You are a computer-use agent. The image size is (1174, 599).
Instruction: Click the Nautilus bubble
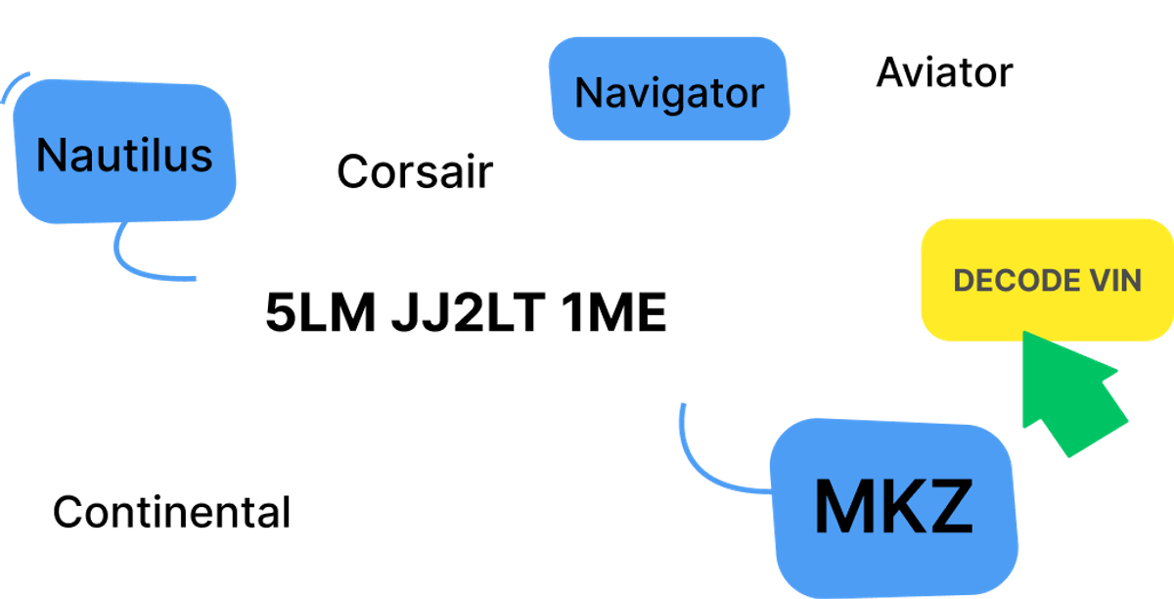tap(125, 154)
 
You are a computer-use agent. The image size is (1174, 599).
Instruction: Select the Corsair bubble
tap(414, 169)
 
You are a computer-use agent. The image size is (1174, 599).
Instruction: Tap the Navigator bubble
tap(669, 92)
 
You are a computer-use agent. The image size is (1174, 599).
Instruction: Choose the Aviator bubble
tap(943, 71)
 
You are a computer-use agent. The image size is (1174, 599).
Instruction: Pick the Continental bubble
tap(171, 511)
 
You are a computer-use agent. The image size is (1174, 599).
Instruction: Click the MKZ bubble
tap(892, 506)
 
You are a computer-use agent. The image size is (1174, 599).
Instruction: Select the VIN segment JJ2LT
tap(463, 313)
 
